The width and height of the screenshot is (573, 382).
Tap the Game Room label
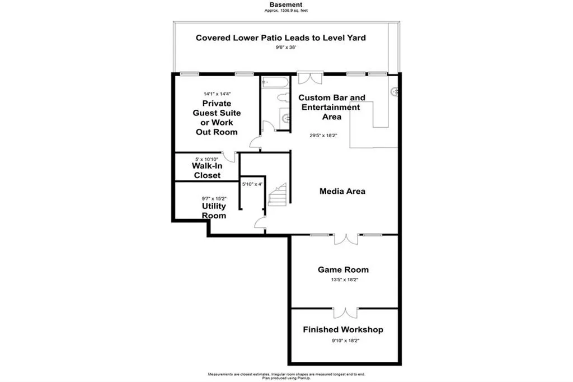coord(343,269)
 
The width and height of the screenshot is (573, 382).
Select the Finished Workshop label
coord(343,329)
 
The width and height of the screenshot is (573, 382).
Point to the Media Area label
coord(342,192)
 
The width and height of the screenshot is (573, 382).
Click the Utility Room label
coord(214,211)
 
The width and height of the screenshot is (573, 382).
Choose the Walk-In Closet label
coord(207,171)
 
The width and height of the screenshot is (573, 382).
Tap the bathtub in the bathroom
coord(275,82)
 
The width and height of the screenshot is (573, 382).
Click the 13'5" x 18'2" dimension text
coord(343,280)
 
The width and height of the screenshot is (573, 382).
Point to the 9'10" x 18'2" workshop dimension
coord(343,340)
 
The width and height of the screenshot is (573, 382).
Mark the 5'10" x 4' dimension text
coord(252,184)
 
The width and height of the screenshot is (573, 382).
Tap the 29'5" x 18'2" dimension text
coord(324,135)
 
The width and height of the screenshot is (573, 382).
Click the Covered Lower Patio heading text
coord(280,38)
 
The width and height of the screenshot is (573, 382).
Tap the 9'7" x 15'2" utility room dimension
coord(214,198)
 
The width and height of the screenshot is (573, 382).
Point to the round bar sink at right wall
coord(395,90)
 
